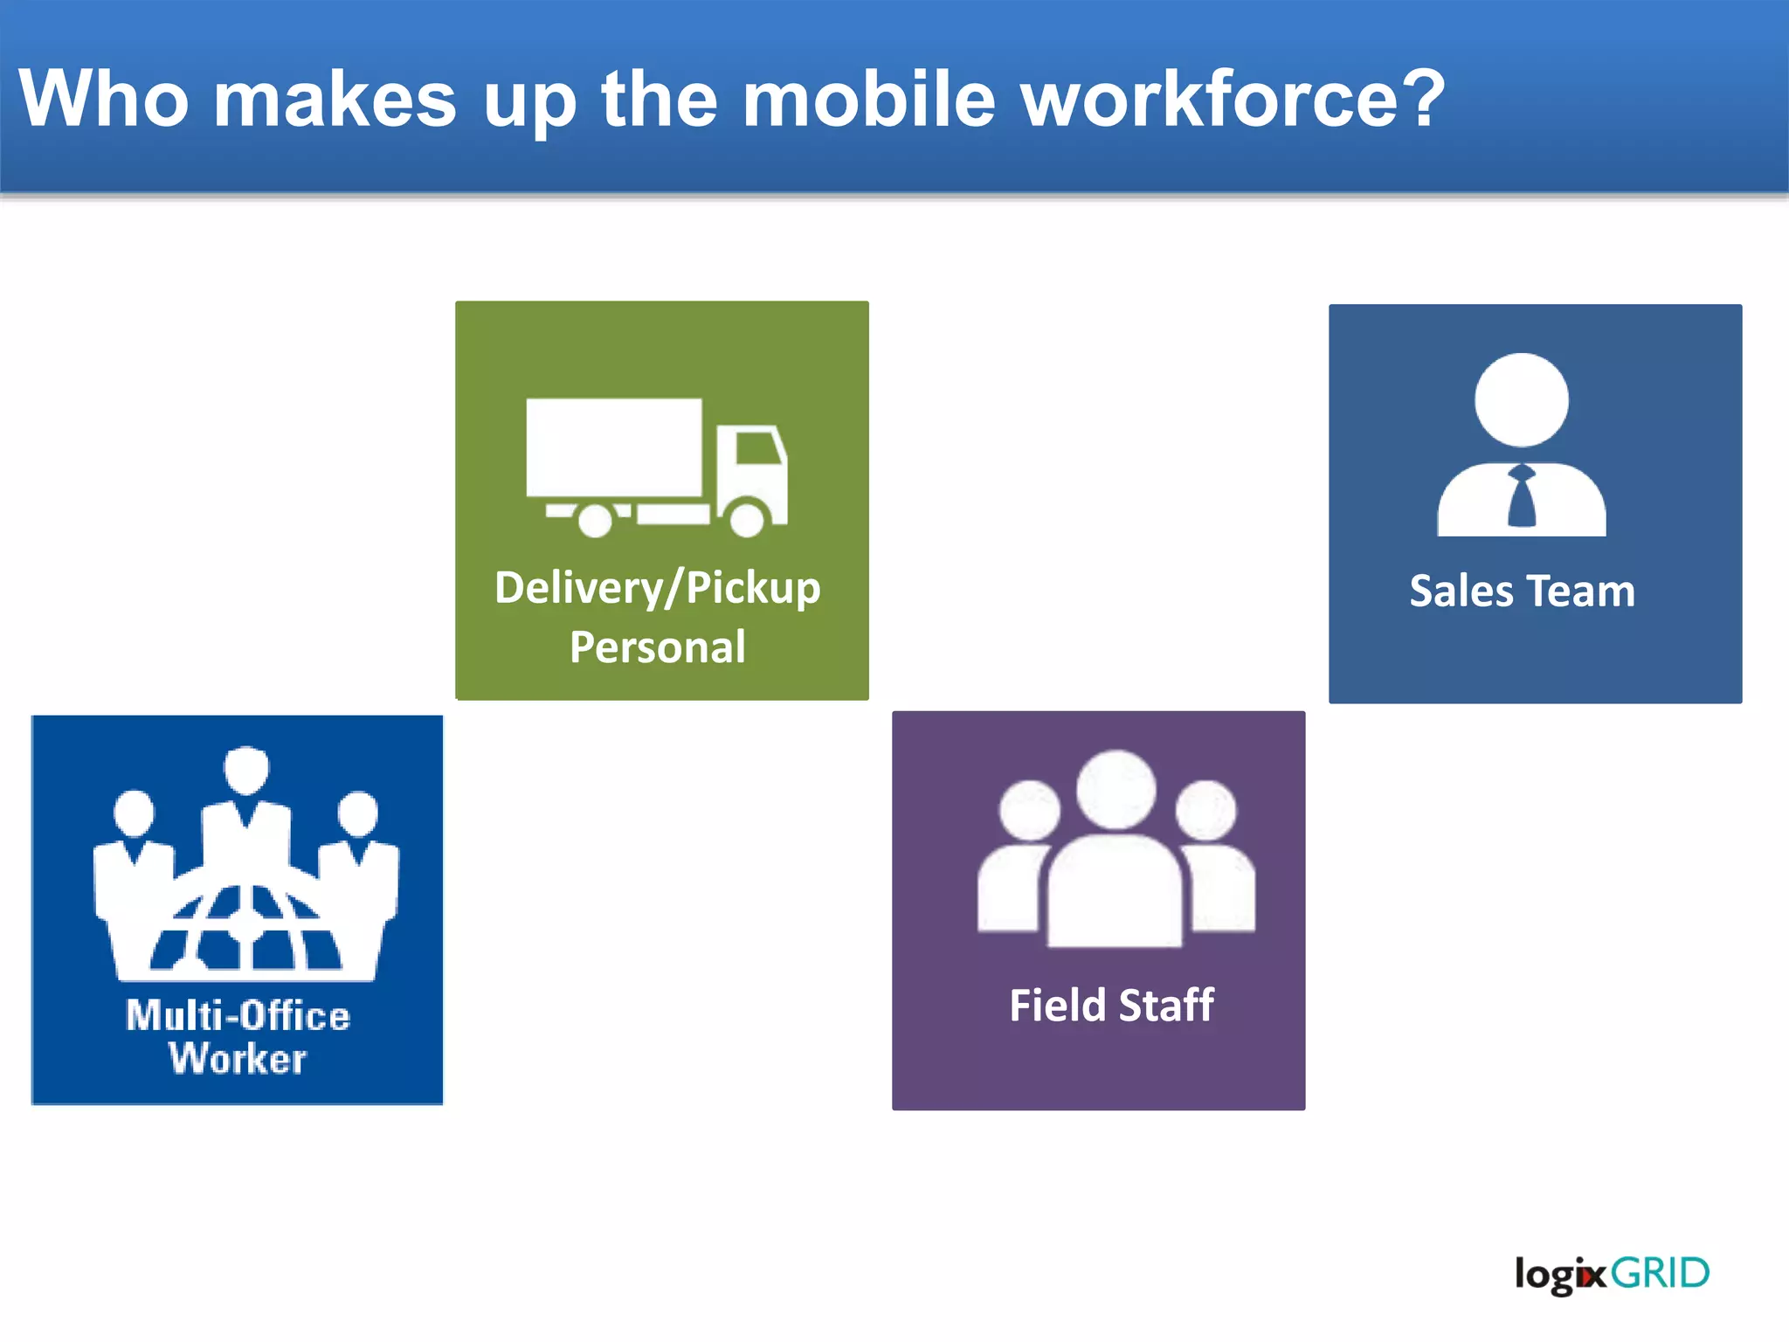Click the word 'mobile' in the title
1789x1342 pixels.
[x=868, y=98]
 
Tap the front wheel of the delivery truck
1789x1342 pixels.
[x=747, y=516]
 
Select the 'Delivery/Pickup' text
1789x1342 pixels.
[x=657, y=588]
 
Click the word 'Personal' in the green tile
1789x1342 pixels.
[x=657, y=647]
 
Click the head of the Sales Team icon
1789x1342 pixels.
[x=1522, y=399]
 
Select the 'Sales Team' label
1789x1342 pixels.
[x=1522, y=591]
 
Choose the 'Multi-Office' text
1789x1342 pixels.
[x=238, y=1016]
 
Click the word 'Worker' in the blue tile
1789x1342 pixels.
[x=238, y=1059]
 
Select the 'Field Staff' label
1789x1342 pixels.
[x=1111, y=1005]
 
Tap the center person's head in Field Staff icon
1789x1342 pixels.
[x=1116, y=789]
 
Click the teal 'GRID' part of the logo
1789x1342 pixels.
[x=1660, y=1273]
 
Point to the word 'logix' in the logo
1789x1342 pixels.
[x=1560, y=1275]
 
